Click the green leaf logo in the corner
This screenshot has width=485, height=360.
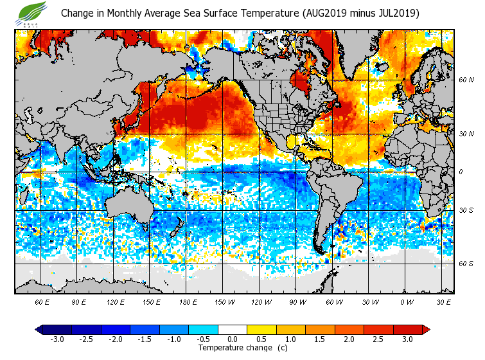[x=32, y=12]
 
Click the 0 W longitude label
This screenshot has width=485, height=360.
[x=406, y=301]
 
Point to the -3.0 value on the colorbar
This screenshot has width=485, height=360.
[x=57, y=339]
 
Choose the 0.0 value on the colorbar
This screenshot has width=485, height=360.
[x=233, y=339]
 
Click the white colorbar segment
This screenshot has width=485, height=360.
[x=233, y=329]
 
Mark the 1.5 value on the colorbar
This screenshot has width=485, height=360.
[x=320, y=339]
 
